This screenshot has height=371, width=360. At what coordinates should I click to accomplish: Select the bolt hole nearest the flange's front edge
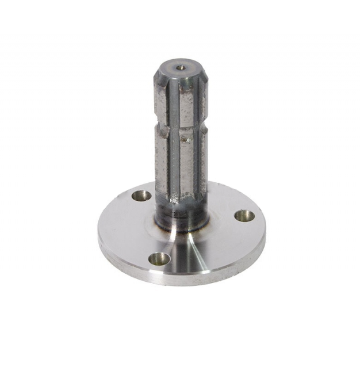click(159, 258)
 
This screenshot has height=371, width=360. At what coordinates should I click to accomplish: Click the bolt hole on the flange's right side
click(244, 216)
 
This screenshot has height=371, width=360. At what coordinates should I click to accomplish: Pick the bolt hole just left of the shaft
click(141, 196)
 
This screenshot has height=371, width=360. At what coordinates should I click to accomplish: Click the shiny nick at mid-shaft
click(185, 138)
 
